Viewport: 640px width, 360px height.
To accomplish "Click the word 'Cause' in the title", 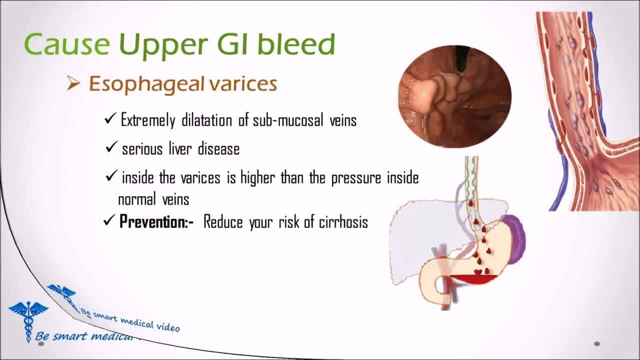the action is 67,44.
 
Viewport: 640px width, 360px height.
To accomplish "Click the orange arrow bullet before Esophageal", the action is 73,83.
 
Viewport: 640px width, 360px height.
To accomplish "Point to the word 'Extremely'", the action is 148,119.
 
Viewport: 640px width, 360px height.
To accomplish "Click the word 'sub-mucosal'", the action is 288,120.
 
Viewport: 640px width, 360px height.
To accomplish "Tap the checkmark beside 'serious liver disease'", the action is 111,147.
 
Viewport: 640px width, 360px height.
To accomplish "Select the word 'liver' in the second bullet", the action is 180,148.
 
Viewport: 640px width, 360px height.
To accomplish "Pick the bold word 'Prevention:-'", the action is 156,221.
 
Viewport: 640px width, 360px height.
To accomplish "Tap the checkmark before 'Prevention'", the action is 109,220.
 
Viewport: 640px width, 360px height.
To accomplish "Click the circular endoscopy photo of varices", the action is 454,96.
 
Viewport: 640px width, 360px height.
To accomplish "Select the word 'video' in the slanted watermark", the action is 167,326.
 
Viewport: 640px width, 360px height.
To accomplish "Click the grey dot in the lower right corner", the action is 597,343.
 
